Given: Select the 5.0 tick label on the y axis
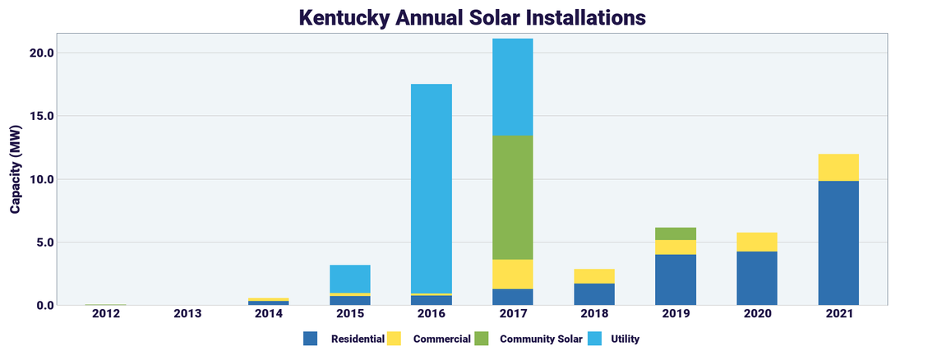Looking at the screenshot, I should (x=44, y=242).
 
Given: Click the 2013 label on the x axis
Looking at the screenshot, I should (x=187, y=314).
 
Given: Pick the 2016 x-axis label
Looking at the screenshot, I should (x=432, y=314).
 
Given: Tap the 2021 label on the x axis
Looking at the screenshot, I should (x=838, y=314).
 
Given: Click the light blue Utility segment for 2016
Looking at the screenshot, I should (x=432, y=188).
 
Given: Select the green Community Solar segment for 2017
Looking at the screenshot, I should (x=513, y=197).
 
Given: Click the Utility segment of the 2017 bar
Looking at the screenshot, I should (x=513, y=87).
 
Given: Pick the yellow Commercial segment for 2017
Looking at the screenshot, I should (x=513, y=274).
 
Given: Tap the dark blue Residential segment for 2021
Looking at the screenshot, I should (x=838, y=242).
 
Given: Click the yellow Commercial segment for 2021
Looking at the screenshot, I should (x=838, y=167).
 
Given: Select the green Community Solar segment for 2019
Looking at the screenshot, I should (x=676, y=233).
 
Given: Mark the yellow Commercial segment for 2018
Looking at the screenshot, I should (x=594, y=276).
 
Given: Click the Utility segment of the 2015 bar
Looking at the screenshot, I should (x=350, y=279).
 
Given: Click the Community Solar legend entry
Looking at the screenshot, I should (x=541, y=339).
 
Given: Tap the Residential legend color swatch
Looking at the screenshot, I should (x=310, y=339).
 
